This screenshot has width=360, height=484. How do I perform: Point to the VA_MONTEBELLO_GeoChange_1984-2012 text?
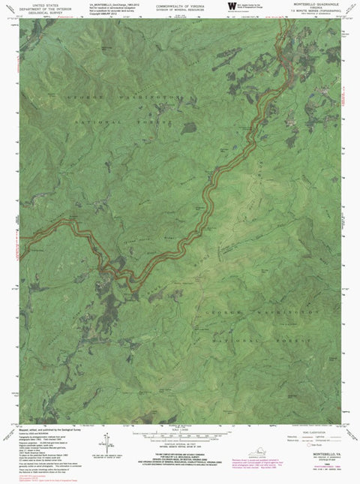click(100, 4)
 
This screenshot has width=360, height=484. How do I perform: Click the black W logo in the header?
click(229, 7)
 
